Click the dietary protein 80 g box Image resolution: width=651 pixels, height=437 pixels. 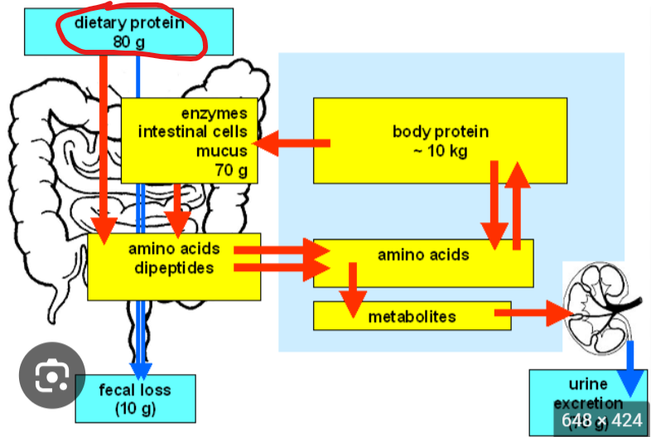[128, 32]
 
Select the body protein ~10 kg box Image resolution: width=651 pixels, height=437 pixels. [440, 140]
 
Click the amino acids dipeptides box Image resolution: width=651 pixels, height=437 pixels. [173, 265]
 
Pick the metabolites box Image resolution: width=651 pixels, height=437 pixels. [412, 316]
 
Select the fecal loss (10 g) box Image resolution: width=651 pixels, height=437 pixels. [135, 397]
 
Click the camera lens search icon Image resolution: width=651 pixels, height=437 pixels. [51, 377]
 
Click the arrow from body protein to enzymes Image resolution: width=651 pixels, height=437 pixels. [294, 144]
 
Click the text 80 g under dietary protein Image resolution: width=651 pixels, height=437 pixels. [128, 40]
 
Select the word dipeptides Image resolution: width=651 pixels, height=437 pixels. [172, 268]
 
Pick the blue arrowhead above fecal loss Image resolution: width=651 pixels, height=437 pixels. [140, 369]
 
